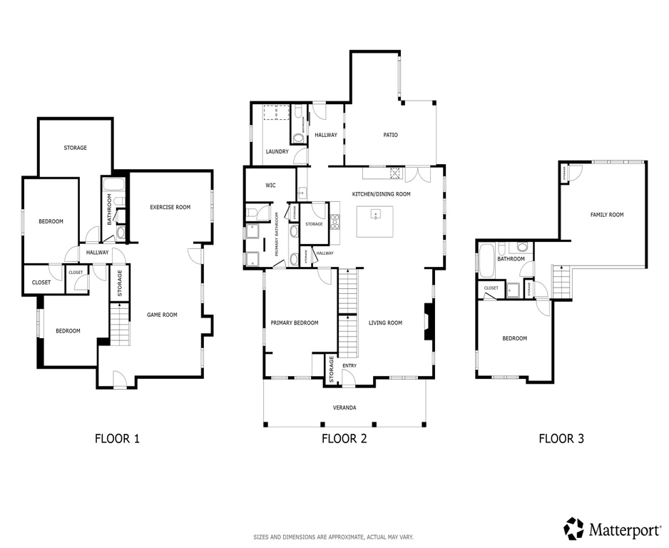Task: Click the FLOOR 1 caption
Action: (117, 439)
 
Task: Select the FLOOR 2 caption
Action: (344, 439)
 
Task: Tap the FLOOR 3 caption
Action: (561, 439)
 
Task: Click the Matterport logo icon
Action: (573, 529)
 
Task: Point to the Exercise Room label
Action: (170, 208)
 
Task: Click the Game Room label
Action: (162, 315)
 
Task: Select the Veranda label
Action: (344, 408)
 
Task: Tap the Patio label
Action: (390, 135)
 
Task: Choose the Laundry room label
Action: (277, 152)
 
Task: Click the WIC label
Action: (270, 186)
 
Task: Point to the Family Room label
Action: (606, 215)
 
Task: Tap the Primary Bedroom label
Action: (295, 323)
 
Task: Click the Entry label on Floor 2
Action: (349, 366)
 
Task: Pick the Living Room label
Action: (385, 323)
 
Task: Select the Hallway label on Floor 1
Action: (98, 253)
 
